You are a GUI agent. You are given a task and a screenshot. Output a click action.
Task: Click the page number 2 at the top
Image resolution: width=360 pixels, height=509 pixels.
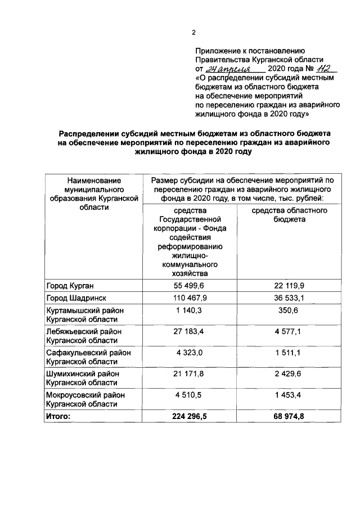[193, 33]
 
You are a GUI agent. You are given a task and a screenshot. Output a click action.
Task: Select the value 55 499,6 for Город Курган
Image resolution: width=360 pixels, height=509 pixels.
[188, 286]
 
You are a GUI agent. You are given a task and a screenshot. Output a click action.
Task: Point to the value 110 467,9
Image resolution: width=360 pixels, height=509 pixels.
[188, 298]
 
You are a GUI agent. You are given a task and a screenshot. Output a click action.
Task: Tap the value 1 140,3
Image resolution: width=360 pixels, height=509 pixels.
[188, 310]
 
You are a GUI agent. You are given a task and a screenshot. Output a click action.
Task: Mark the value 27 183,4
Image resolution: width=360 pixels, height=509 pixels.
[188, 331]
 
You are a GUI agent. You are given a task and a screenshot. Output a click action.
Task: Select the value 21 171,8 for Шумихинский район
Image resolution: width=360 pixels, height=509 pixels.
[188, 374]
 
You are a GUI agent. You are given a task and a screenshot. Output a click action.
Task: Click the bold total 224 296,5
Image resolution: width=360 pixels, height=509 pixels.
[188, 416]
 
